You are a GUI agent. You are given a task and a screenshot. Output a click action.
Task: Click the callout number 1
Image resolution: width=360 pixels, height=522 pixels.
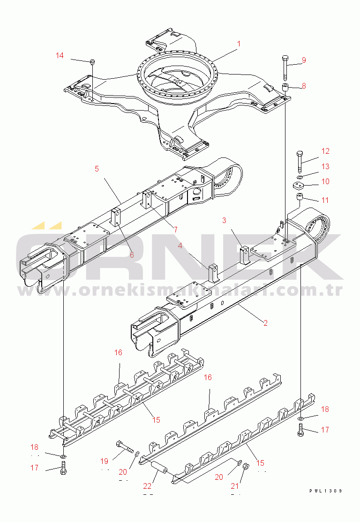(239, 44)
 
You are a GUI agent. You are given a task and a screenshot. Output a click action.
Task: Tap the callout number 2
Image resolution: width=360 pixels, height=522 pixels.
(265, 323)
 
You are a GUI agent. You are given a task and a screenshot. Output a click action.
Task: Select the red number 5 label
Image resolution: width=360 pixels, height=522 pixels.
(97, 169)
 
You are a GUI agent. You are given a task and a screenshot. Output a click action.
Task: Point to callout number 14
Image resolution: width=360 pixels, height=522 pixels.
(60, 55)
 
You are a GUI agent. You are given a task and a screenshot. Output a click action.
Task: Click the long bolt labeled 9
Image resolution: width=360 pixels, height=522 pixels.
(285, 67)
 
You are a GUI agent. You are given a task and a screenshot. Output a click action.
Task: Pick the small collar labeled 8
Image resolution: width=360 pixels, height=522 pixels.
(285, 89)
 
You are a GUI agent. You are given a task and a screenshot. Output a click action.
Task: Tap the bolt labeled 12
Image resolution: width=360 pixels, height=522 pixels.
(300, 161)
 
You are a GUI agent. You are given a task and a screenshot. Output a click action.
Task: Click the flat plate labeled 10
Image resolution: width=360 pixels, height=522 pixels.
(299, 186)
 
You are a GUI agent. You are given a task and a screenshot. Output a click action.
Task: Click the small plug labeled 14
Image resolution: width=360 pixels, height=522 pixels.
(93, 61)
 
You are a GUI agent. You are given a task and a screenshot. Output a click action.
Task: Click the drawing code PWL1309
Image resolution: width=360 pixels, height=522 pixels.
(326, 491)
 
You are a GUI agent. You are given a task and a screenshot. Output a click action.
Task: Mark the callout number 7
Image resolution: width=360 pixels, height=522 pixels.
(175, 230)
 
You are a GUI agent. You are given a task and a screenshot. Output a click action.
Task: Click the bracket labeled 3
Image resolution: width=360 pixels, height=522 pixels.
(245, 254)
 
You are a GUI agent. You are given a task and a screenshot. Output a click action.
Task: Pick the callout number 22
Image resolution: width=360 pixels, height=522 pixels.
(147, 486)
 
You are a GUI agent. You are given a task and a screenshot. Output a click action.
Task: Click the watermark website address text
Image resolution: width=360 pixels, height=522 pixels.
(180, 291)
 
